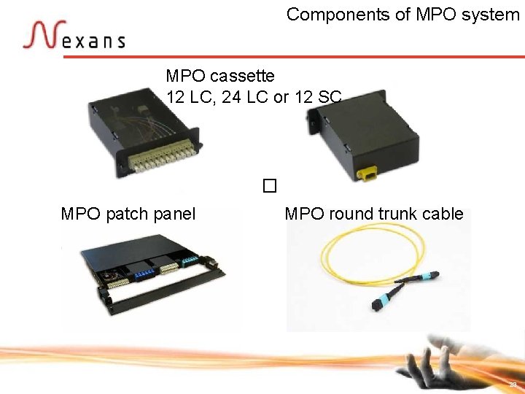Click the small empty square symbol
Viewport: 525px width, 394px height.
(269, 186)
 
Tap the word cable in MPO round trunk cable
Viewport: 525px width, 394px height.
(443, 214)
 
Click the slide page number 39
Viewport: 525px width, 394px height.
(513, 384)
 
